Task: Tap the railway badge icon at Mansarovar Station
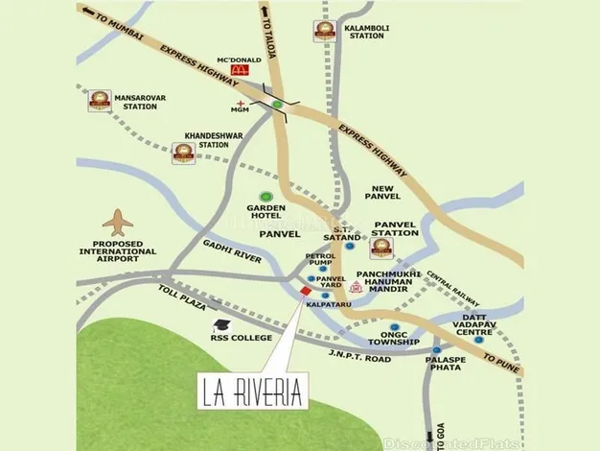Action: pos(99,99)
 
